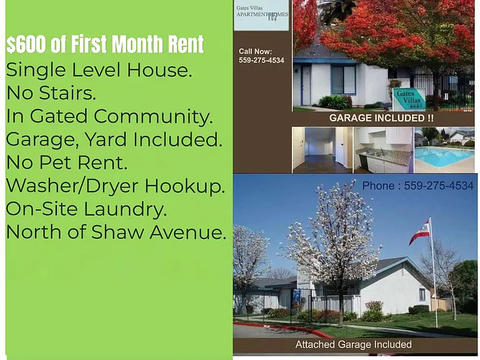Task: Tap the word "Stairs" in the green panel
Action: click(x=67, y=92)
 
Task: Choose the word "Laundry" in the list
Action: click(x=125, y=210)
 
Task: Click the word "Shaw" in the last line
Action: click(x=117, y=232)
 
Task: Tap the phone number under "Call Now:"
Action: click(x=261, y=60)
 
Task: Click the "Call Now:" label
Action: click(x=255, y=51)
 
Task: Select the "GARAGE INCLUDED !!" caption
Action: click(x=381, y=118)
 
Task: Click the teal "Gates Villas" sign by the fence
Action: click(x=409, y=99)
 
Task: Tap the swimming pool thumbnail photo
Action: click(x=444, y=150)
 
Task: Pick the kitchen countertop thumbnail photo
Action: click(x=383, y=150)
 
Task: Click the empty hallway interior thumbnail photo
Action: click(x=322, y=150)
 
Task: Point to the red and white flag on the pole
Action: click(x=420, y=232)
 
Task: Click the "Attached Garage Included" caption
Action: click(x=353, y=345)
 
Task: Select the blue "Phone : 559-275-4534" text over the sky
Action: click(x=418, y=186)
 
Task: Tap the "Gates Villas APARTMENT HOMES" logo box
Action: click(x=261, y=15)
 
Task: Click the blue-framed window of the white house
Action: click(x=344, y=79)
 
